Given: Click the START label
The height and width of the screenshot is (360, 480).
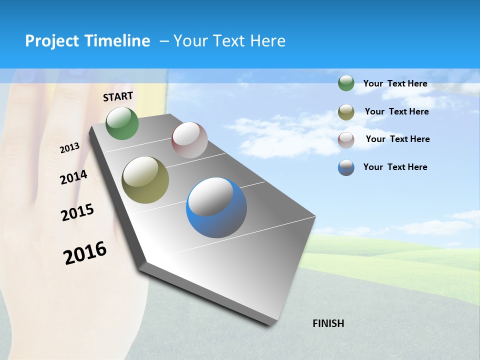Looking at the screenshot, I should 118,96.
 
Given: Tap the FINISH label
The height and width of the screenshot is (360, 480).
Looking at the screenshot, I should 328,323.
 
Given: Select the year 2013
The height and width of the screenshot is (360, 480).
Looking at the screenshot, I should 69,148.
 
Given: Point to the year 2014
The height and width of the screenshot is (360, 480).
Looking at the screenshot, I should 73,177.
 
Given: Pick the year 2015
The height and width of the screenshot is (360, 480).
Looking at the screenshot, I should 77,212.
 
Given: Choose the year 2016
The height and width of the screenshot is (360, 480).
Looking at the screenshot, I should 85,253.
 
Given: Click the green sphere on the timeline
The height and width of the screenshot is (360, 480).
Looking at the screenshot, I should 122,123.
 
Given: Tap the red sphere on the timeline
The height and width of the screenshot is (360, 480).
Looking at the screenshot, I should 189,140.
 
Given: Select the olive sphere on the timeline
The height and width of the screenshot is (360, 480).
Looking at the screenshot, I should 145,180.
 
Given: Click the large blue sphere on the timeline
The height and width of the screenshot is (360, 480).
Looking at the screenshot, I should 216,207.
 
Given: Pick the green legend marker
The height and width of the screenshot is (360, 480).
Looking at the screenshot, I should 346,83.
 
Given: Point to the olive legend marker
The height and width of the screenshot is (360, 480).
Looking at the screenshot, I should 346,112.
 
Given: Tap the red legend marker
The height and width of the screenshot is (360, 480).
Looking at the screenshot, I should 346,139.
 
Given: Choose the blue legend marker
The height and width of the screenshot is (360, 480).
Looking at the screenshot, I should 346,167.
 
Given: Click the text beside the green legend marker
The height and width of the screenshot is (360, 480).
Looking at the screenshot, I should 395,84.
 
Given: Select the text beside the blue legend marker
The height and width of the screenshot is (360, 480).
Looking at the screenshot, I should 395,167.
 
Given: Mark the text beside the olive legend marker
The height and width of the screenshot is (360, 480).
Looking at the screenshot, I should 396,111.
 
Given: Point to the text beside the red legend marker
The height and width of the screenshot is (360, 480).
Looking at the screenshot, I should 397,139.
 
